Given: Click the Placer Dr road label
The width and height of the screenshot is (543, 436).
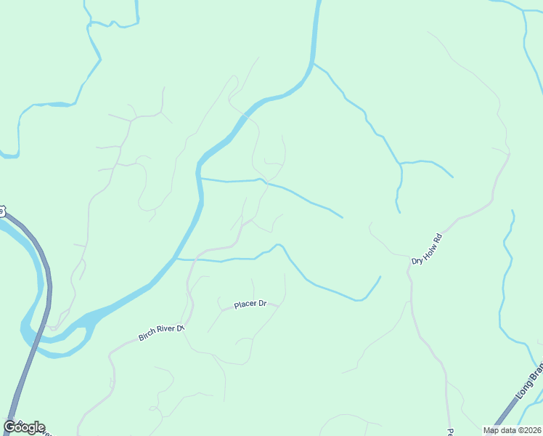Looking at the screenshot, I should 250,304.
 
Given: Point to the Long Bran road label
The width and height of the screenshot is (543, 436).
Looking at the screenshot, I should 528,381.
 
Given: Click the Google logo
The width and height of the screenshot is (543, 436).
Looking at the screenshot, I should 24,427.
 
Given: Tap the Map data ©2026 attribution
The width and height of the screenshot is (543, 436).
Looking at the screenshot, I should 512,430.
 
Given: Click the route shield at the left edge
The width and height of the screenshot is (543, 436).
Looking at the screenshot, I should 1,211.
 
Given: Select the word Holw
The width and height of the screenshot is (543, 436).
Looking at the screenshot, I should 428,249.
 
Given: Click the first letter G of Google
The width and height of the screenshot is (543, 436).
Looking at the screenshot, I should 10,427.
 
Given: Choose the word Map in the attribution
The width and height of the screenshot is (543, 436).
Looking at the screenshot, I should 491,430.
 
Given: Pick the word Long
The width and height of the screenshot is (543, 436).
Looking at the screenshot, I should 523,389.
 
